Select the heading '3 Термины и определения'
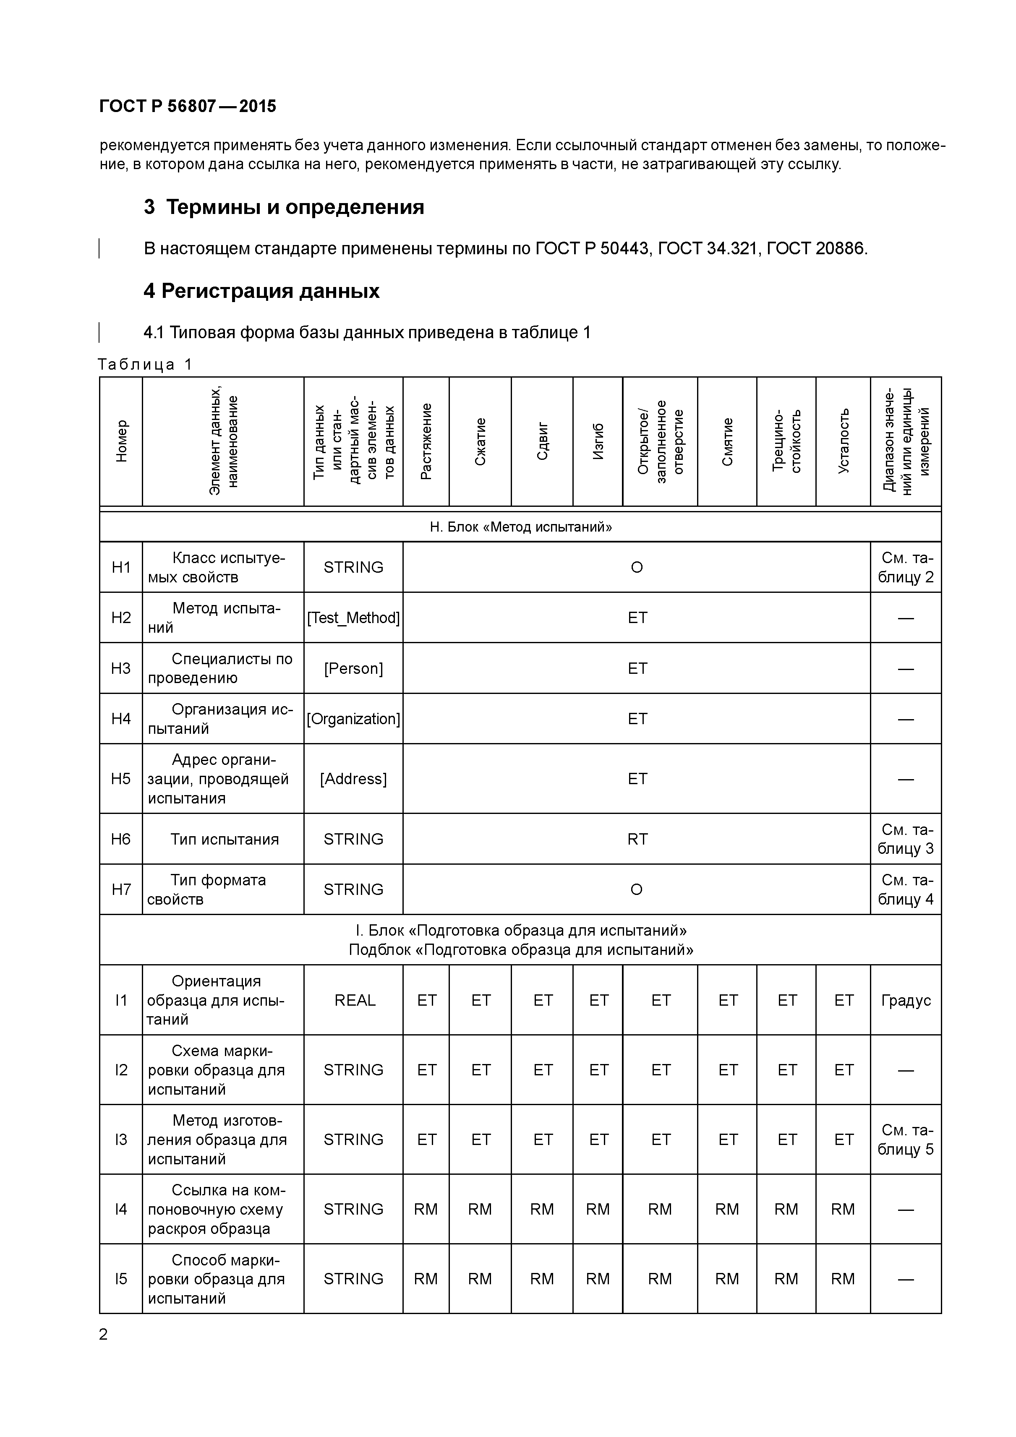pyautogui.click(x=284, y=207)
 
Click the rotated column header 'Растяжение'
pyautogui.click(x=426, y=441)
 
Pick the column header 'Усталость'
pyautogui.click(x=843, y=441)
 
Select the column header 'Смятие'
pyautogui.click(x=727, y=441)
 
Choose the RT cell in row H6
pyautogui.click(x=637, y=839)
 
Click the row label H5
pyautogui.click(x=121, y=779)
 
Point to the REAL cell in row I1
pyautogui.click(x=354, y=1000)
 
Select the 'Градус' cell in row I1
pyautogui.click(x=905, y=1000)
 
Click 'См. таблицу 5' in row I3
pyautogui.click(x=905, y=1139)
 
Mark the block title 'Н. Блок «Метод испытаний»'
pyautogui.click(x=520, y=527)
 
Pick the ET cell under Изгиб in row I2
pyautogui.click(x=598, y=1069)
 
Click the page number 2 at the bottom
pyautogui.click(x=103, y=1334)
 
